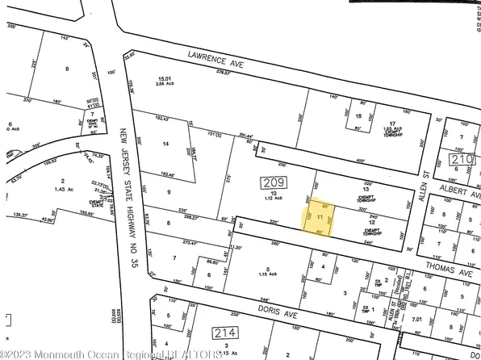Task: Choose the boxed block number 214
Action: pos(223,332)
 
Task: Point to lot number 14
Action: pos(166,144)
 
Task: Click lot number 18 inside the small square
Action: pos(358,117)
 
